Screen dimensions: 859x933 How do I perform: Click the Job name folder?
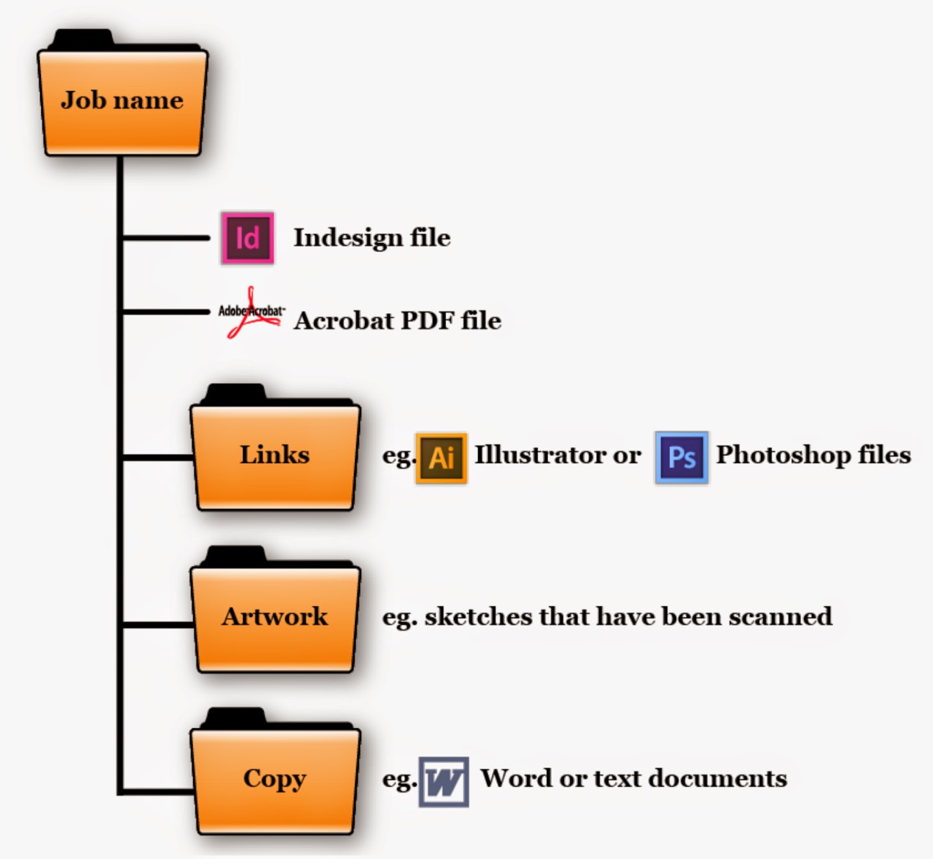tap(122, 102)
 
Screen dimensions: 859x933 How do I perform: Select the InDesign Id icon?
tap(247, 238)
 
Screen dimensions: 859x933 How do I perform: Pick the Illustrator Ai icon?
tap(441, 458)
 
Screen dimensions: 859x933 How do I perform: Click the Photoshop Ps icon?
tap(682, 458)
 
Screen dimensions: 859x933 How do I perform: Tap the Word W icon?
tap(444, 781)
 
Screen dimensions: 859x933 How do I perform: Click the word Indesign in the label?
tap(348, 238)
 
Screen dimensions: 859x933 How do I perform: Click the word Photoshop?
tap(783, 455)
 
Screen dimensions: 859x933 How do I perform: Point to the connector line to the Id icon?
tap(166, 238)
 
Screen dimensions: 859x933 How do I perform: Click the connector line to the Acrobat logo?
tap(166, 312)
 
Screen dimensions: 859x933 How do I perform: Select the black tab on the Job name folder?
tap(82, 38)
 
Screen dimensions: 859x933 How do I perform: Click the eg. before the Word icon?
tap(399, 780)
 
